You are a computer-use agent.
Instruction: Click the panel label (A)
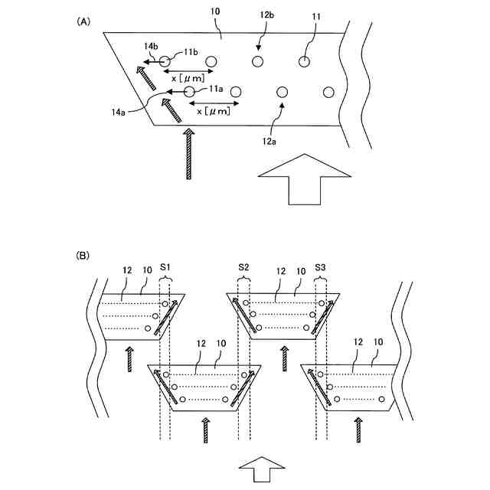tap(83, 22)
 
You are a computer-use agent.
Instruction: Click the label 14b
tap(149, 47)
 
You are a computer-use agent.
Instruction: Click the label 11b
tap(191, 51)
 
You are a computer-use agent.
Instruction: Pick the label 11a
tap(215, 89)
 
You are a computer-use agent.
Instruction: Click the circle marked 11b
tap(165, 60)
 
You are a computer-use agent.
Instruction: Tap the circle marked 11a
tap(189, 92)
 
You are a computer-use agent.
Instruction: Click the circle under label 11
tap(305, 60)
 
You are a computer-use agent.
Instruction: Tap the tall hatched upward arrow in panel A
tap(189, 154)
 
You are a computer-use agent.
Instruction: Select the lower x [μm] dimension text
tap(211, 112)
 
